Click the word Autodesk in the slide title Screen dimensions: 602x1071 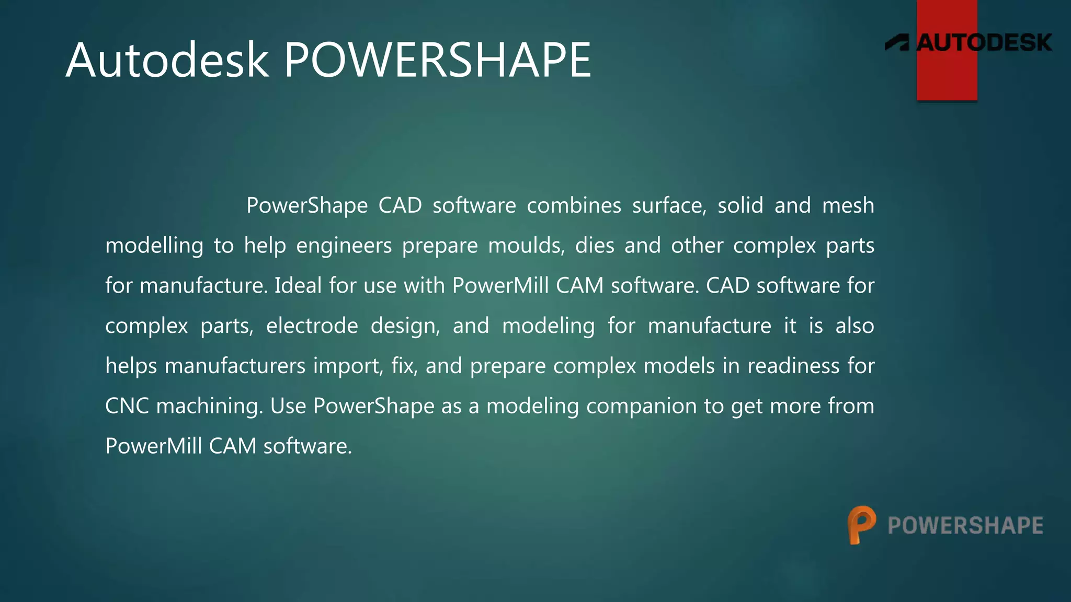167,61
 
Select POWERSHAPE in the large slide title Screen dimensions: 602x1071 437,61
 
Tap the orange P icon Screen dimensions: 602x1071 861,525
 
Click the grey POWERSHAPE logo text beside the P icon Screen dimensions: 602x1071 965,526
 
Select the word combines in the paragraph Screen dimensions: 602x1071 574,205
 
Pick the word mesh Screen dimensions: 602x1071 848,205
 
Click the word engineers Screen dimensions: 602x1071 344,246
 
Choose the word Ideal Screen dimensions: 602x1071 298,286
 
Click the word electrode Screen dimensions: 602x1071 312,326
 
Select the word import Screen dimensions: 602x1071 348,366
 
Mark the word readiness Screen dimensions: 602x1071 793,366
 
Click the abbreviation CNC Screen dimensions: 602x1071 127,406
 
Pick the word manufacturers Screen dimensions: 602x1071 235,366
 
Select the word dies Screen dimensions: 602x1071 595,246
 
